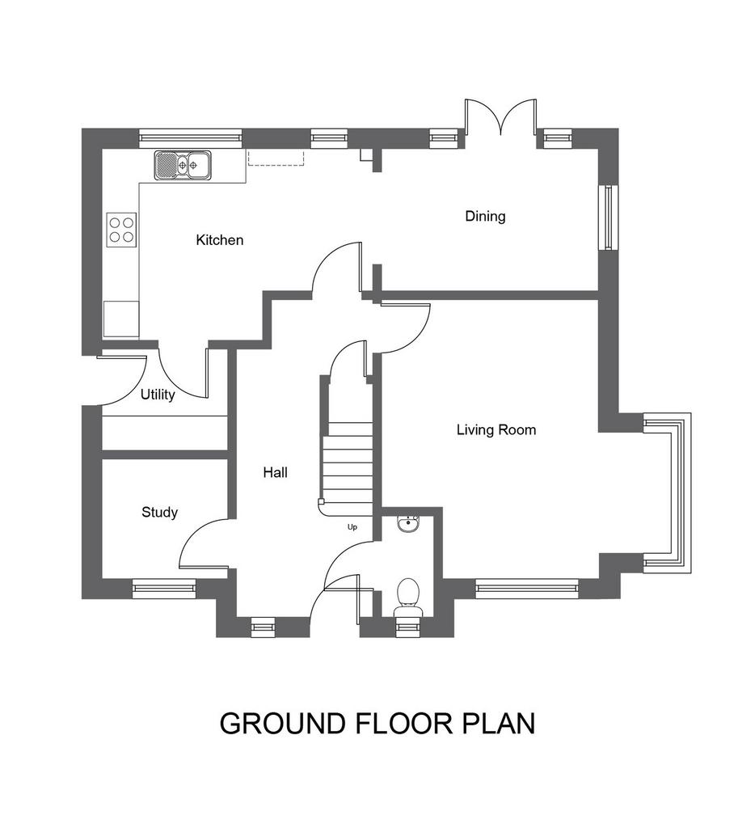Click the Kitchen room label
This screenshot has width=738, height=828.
click(220, 240)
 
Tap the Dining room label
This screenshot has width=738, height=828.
click(485, 216)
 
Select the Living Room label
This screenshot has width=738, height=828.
click(496, 430)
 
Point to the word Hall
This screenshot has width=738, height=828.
click(275, 472)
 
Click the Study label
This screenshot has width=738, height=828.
click(159, 512)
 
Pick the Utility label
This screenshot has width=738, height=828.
click(158, 395)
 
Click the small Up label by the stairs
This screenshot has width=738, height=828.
click(352, 527)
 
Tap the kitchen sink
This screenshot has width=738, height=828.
click(183, 165)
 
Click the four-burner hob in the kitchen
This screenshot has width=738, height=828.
click(121, 230)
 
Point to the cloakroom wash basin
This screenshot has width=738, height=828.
click(408, 524)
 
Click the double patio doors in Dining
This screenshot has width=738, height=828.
click(500, 117)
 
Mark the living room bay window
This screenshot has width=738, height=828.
click(668, 493)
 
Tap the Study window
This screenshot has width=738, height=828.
click(163, 589)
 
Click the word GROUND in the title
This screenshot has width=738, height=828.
click(283, 724)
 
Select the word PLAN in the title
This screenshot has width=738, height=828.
click(499, 724)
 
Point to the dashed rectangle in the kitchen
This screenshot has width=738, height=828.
click(276, 158)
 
